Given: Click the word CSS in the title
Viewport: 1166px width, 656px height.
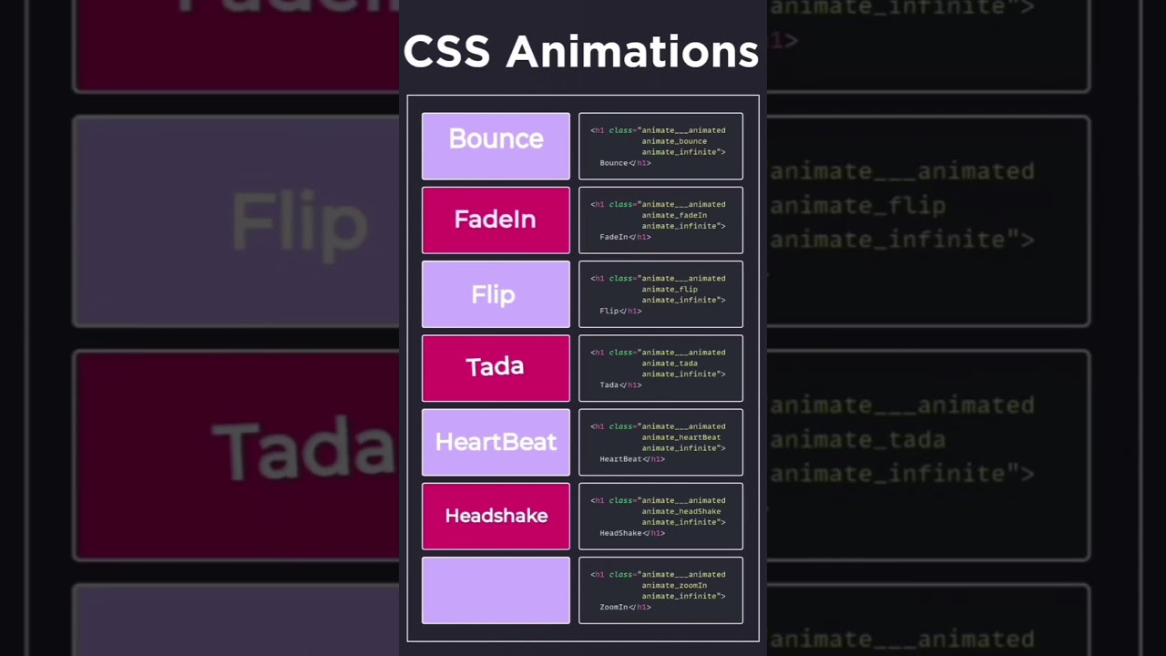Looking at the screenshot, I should click(448, 52).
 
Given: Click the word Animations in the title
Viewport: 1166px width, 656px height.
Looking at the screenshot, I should click(632, 52).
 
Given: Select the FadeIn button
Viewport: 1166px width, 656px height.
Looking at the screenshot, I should click(496, 220).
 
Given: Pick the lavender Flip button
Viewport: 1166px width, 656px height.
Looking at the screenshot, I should click(496, 294).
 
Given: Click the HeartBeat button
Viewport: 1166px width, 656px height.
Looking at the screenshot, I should click(496, 442).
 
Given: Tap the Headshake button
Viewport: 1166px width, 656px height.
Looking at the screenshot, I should click(496, 516).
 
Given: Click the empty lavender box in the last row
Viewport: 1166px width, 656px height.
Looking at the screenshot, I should click(496, 590).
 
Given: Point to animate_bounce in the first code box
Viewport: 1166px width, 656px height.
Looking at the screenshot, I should click(674, 141).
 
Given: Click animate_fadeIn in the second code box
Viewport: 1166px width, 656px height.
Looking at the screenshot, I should click(674, 215).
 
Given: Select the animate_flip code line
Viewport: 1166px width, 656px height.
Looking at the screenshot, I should click(670, 289).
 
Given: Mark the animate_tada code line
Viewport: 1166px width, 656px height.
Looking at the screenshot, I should click(670, 364).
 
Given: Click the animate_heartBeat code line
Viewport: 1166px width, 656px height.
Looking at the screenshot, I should click(680, 437).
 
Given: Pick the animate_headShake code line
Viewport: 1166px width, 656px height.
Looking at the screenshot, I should click(680, 511).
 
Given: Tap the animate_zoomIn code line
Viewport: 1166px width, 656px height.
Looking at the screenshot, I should click(674, 585).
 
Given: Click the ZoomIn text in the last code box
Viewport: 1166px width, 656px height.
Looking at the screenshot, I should click(613, 607).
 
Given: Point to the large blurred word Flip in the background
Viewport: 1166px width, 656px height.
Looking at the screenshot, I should click(299, 221).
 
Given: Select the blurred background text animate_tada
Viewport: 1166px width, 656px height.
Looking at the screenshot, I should click(857, 440).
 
